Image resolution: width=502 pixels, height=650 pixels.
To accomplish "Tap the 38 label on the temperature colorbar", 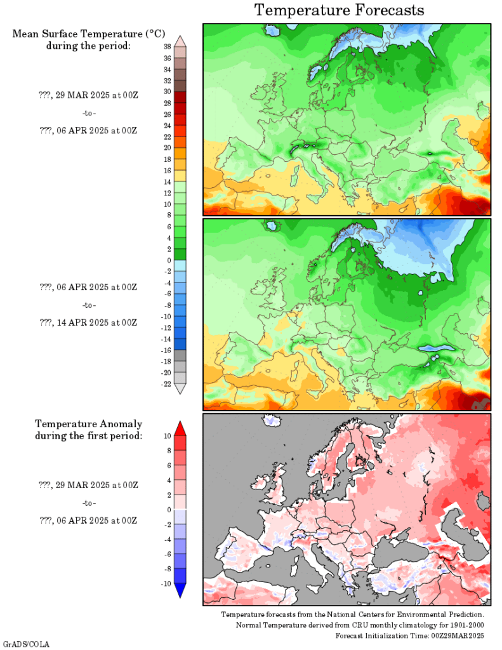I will click(x=167, y=47).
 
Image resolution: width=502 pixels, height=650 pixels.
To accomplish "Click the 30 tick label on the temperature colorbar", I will click(x=167, y=92).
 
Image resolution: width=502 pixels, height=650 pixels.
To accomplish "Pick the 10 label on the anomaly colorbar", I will click(x=167, y=435).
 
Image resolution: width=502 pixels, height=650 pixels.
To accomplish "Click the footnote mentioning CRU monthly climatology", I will click(x=360, y=625).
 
